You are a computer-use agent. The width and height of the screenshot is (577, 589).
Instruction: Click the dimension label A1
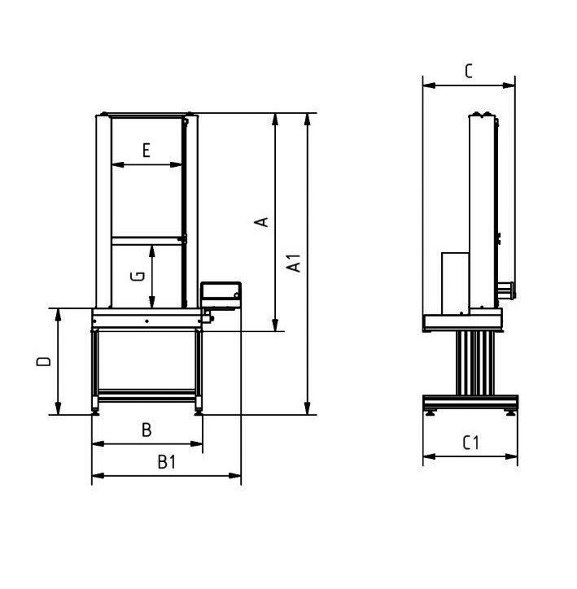(x=294, y=263)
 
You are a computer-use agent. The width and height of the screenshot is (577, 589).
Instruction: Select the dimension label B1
(x=167, y=462)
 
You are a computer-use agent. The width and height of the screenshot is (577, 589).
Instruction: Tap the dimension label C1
(x=470, y=443)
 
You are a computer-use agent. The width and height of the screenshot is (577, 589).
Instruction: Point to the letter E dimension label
(x=146, y=151)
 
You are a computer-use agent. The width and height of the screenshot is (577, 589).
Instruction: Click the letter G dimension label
(x=137, y=276)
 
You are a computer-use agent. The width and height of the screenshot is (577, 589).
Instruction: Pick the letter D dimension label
(x=44, y=361)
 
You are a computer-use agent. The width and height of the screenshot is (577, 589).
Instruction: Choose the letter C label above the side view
(x=469, y=71)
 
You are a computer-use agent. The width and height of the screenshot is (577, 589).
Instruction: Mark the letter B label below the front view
(x=146, y=430)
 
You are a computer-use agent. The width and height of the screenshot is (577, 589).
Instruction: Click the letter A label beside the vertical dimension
(x=261, y=222)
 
